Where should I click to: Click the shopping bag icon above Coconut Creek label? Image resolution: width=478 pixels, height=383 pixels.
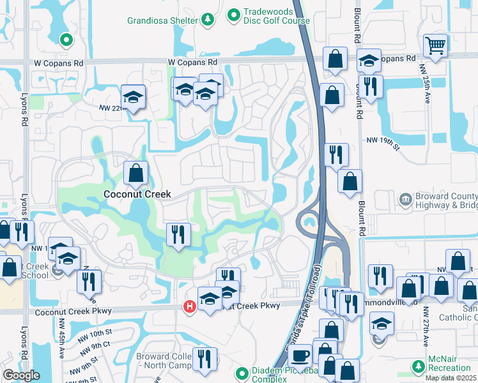135,172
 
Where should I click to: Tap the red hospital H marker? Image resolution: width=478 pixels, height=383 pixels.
190,307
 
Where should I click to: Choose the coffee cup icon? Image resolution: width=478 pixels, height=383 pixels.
300,356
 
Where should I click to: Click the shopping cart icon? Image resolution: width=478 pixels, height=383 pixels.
435,45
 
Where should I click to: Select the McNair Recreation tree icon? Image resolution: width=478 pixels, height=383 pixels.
418,366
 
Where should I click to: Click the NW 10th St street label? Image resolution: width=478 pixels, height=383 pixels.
93,333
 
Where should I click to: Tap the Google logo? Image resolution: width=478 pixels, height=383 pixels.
21,375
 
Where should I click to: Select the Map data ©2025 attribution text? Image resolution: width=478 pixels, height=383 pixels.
451,378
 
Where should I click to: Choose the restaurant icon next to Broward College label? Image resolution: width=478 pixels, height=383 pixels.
204,358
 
